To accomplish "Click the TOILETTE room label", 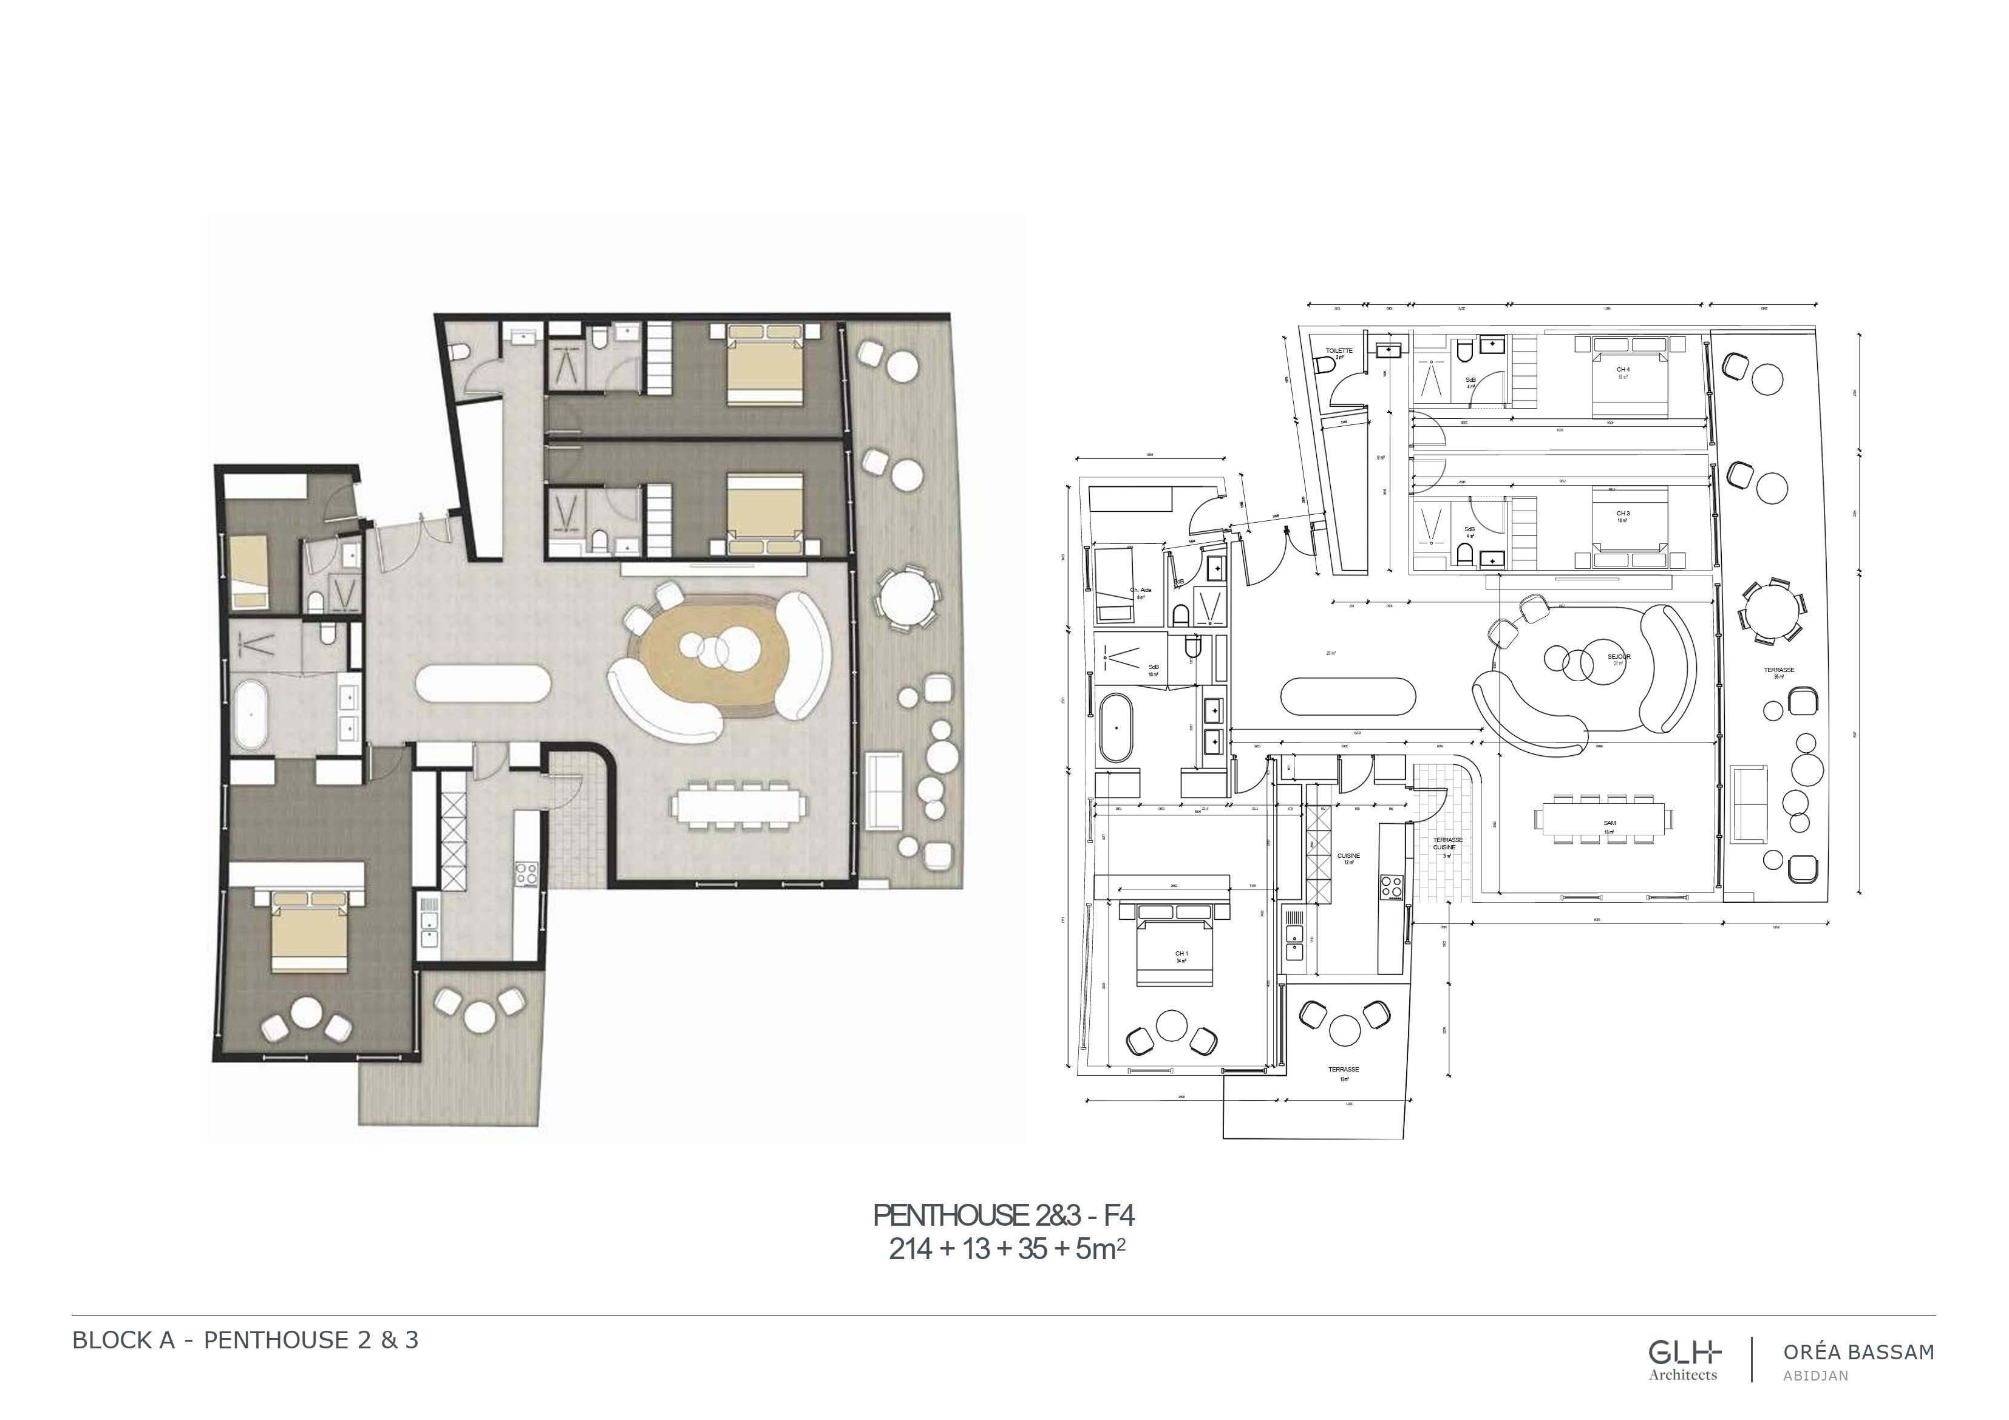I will [1339, 351].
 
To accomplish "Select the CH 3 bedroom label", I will [1623, 514].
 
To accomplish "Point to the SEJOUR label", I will [1619, 656].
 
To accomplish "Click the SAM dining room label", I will [1609, 823].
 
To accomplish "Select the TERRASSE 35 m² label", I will [1779, 671].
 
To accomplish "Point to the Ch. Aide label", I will [1141, 591].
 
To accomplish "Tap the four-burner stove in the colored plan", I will [526, 872].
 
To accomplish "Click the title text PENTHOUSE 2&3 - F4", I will [1004, 1216].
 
